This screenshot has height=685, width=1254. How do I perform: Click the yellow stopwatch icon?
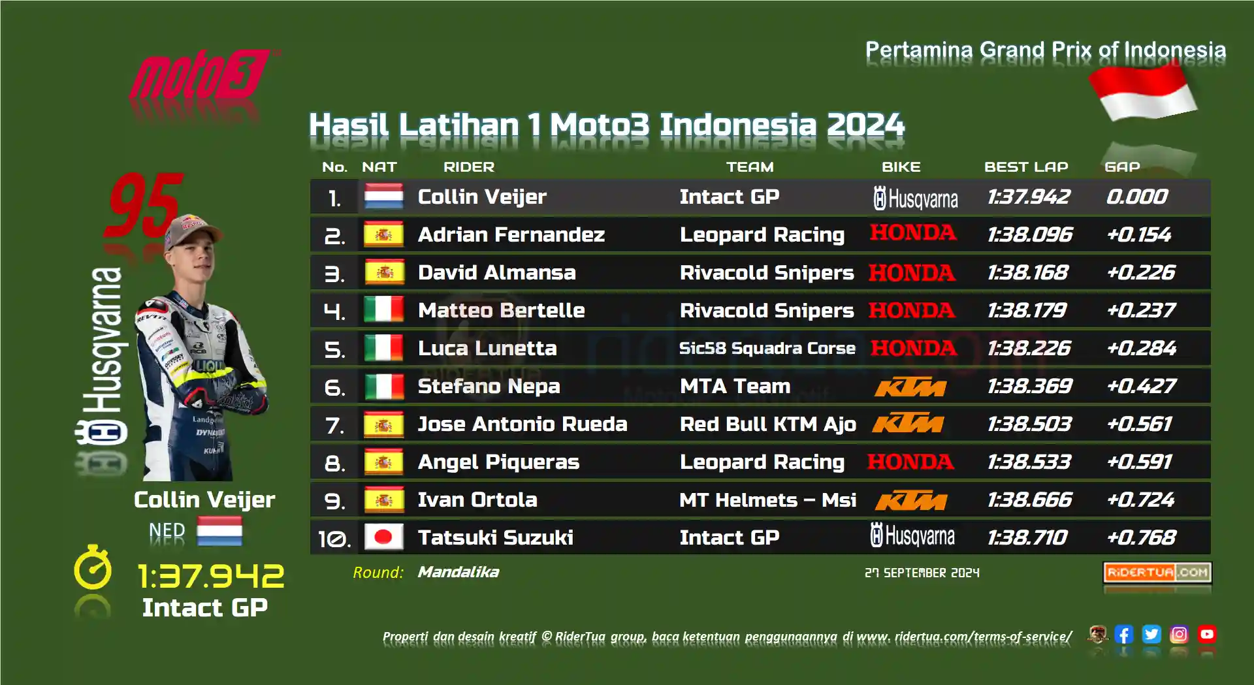(93, 567)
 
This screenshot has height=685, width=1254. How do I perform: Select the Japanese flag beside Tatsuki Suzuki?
(383, 537)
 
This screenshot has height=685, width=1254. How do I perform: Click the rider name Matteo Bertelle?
(501, 310)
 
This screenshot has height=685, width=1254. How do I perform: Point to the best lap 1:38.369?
(1029, 386)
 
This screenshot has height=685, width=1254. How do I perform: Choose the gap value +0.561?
(1140, 424)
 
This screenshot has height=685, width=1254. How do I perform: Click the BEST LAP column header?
(1026, 167)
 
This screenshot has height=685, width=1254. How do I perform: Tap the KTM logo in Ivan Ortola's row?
(910, 501)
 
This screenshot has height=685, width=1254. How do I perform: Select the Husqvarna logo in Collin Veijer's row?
(916, 198)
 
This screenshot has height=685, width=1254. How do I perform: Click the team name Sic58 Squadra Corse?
(767, 348)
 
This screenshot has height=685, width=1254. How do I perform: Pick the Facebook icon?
(1124, 634)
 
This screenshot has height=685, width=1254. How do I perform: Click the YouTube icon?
(1207, 634)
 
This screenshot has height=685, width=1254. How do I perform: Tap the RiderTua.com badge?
(1157, 573)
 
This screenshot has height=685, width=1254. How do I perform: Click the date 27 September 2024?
(922, 573)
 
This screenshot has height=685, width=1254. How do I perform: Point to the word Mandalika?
(458, 572)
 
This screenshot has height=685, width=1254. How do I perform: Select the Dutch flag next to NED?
(219, 531)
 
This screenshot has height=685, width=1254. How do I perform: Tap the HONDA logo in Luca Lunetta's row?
(914, 348)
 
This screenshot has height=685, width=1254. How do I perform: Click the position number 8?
(334, 463)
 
